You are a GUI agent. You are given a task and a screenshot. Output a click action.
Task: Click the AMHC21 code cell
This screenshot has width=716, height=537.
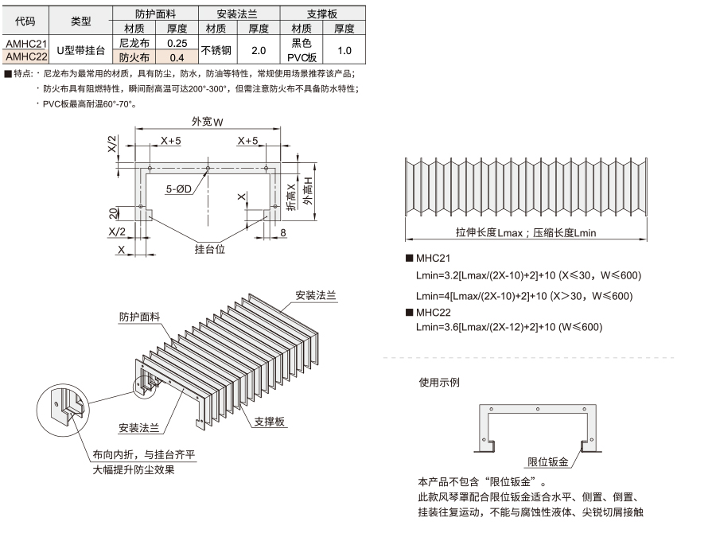click(26, 44)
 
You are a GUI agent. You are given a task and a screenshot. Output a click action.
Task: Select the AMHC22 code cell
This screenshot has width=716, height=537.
click(26, 56)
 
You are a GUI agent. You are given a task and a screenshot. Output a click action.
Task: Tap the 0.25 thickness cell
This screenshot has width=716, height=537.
click(177, 44)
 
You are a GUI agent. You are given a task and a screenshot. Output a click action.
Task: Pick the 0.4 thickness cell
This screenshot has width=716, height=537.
click(177, 57)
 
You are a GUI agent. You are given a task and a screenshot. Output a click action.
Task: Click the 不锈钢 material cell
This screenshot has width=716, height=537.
click(216, 50)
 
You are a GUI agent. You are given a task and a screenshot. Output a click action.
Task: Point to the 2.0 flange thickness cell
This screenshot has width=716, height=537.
click(259, 50)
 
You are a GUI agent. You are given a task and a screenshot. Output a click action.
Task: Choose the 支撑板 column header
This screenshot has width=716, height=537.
click(322, 14)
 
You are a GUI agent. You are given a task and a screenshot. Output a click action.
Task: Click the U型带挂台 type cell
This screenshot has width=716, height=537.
click(81, 50)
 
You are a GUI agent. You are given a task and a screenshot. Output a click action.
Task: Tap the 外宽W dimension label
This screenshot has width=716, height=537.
click(208, 122)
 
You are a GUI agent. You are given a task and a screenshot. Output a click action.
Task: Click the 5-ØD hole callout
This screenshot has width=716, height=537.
click(178, 189)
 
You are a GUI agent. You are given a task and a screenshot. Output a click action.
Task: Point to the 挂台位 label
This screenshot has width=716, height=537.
click(209, 249)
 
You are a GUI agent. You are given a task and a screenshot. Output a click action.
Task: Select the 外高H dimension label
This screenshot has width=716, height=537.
click(309, 191)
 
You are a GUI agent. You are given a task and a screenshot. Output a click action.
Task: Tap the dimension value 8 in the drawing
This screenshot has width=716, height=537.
click(283, 232)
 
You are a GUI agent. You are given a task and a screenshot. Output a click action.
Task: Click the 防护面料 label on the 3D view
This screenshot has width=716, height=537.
click(140, 317)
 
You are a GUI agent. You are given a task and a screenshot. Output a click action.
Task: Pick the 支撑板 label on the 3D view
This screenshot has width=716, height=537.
click(270, 422)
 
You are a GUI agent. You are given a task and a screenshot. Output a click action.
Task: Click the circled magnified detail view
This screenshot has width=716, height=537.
click(63, 410)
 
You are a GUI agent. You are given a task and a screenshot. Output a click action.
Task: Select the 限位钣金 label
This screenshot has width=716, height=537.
click(548, 461)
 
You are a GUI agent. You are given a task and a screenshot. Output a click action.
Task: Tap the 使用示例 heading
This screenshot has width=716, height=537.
click(439, 382)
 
